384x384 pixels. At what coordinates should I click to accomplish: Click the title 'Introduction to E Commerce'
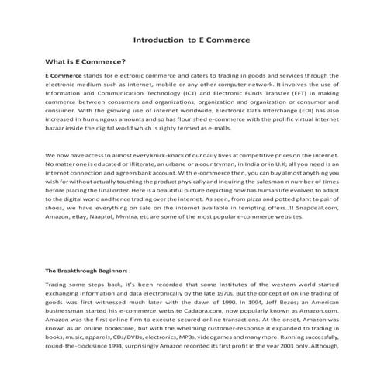pos(191,38)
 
